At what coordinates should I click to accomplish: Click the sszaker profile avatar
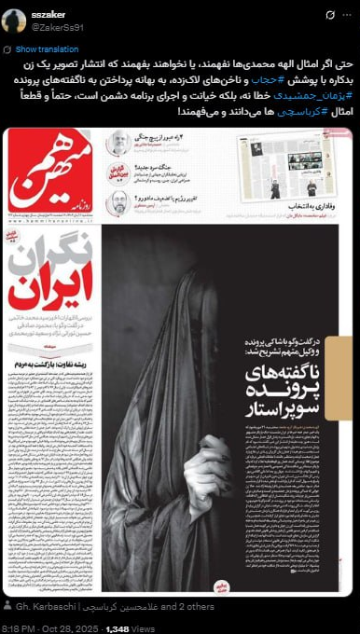pos(14,21)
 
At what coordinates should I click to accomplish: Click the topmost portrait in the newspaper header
pos(118,143)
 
